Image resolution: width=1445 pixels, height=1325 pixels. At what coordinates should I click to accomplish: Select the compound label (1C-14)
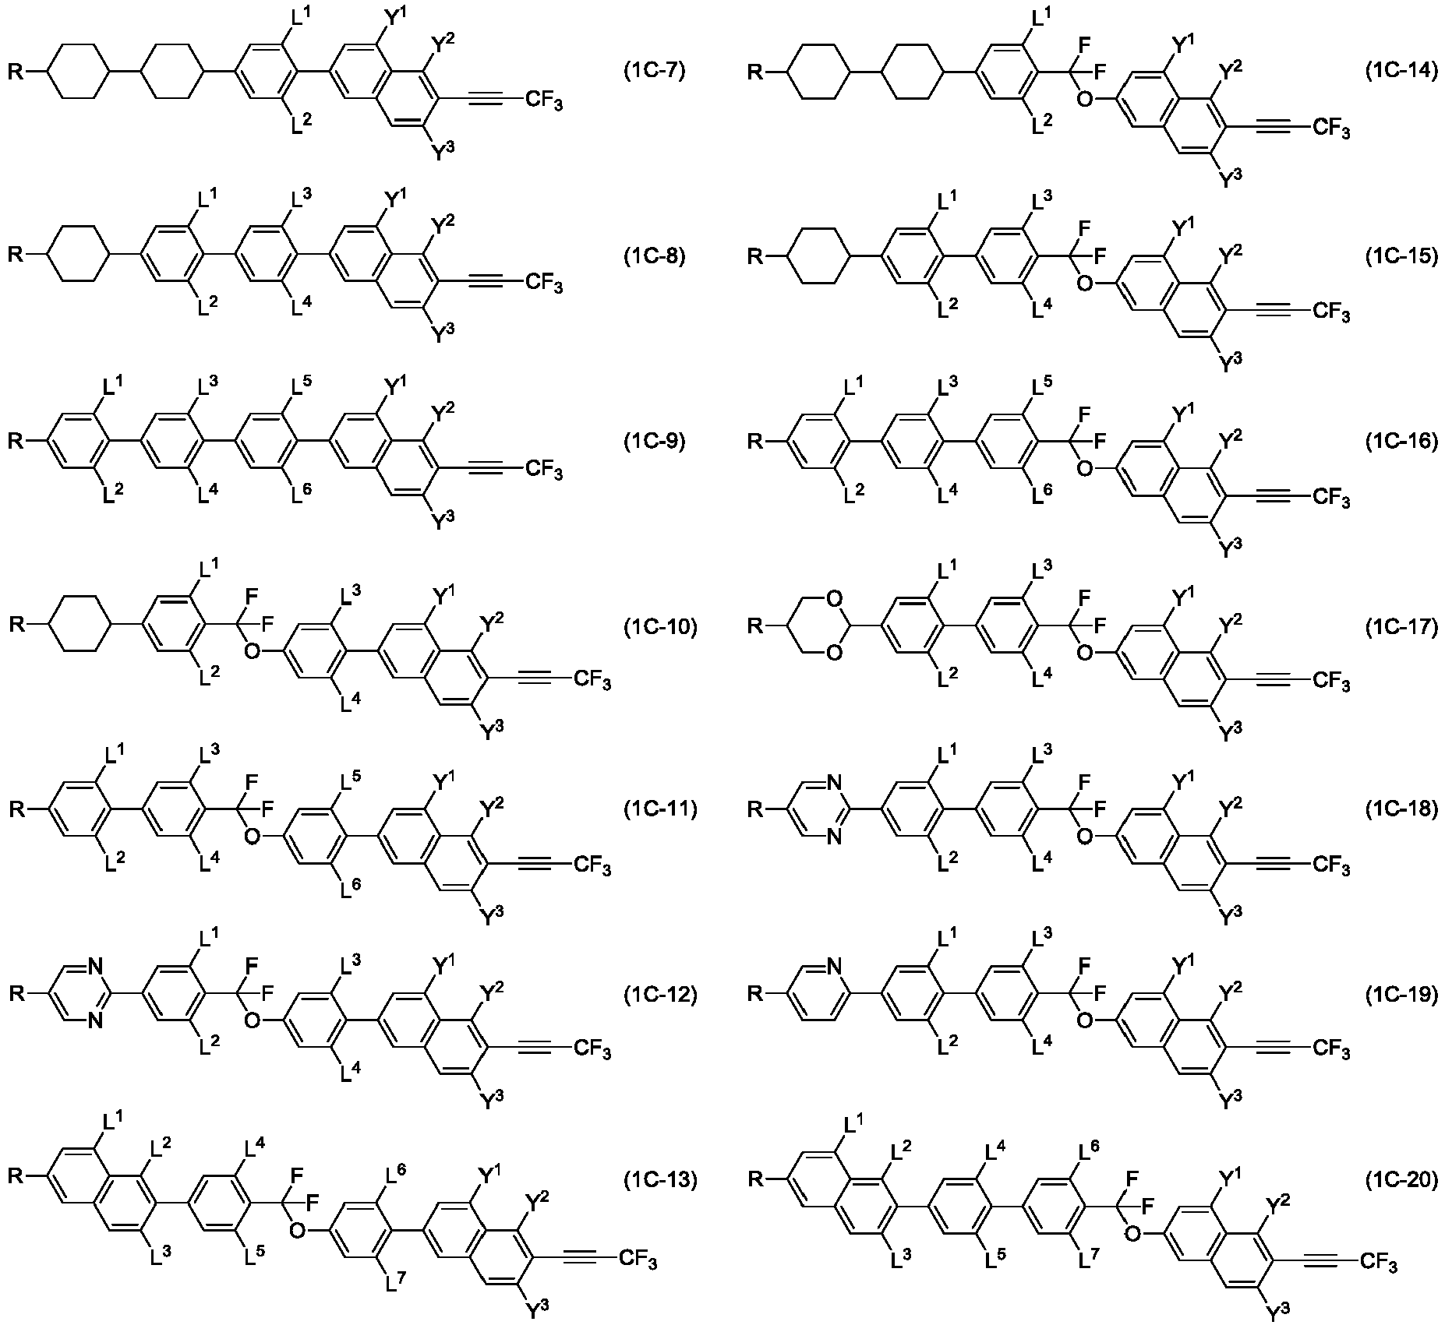pyautogui.click(x=1401, y=72)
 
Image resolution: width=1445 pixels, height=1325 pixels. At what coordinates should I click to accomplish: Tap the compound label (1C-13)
pyautogui.click(x=661, y=1180)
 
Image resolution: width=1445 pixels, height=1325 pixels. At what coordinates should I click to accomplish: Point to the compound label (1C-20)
pyautogui.click(x=1401, y=1180)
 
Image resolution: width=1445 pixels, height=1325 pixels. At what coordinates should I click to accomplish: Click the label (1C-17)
pyautogui.click(x=1401, y=626)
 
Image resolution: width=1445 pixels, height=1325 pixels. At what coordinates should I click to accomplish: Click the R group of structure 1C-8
pyautogui.click(x=16, y=255)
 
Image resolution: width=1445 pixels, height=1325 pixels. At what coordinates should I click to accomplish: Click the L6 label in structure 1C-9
pyautogui.click(x=303, y=492)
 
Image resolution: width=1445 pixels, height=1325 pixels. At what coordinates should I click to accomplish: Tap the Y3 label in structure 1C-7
pyautogui.click(x=443, y=150)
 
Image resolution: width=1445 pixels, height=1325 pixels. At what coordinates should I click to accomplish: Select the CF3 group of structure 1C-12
pyautogui.click(x=592, y=1051)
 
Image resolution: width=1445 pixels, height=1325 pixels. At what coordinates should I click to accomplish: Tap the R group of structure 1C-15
pyautogui.click(x=756, y=255)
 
